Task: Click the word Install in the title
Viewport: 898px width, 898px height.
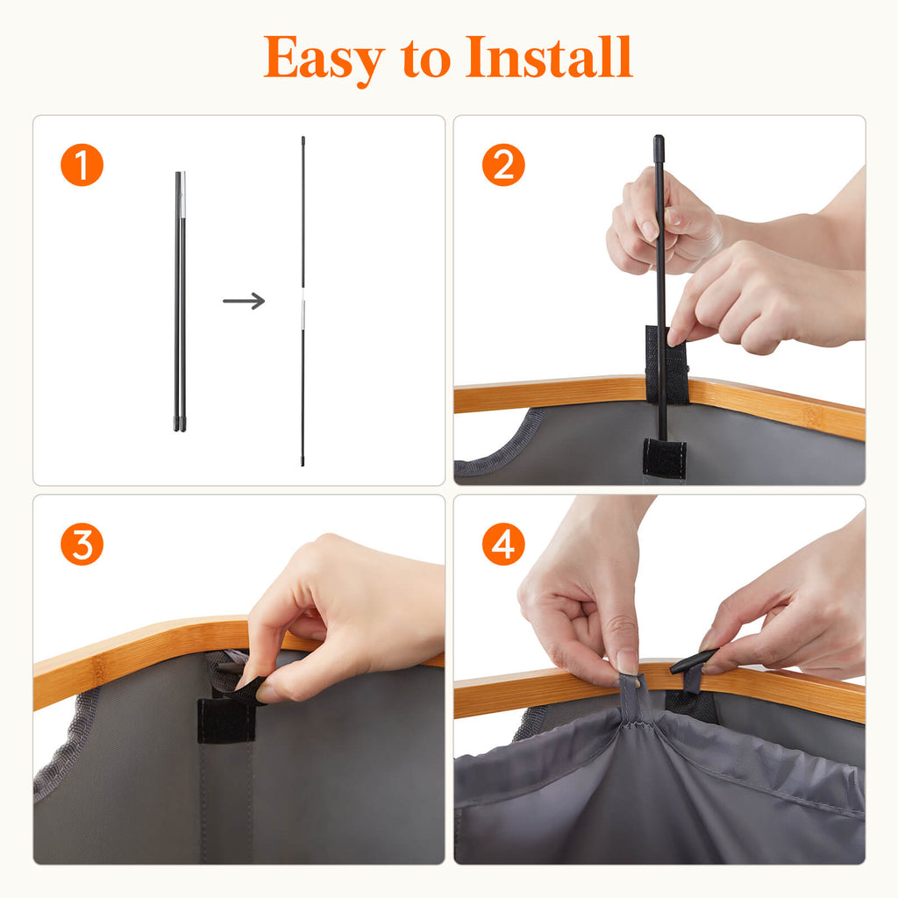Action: pos(549,56)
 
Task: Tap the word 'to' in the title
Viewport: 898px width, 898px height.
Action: pos(426,59)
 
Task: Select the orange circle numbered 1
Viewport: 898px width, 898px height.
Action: pos(82,165)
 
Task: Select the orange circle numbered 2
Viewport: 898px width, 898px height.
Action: pos(503,165)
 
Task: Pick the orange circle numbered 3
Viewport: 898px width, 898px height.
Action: pos(82,544)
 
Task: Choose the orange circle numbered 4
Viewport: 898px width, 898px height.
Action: pos(503,544)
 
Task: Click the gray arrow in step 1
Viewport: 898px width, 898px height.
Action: pos(244,301)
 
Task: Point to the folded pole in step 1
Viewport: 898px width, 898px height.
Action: pos(181,302)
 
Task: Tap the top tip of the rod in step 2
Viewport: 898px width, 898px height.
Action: pos(659,138)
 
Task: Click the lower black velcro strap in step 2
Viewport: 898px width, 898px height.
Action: pos(665,456)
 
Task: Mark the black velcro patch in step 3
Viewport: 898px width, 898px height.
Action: pos(226,721)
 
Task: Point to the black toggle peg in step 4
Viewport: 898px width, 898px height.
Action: pos(693,661)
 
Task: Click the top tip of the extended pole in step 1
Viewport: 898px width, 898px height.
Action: pos(303,138)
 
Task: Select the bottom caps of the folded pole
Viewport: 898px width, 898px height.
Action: pos(180,424)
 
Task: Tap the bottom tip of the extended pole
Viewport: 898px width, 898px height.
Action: pos(303,463)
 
